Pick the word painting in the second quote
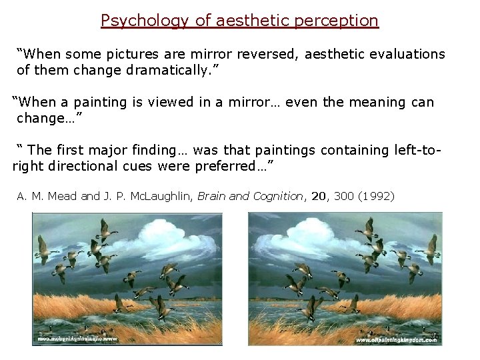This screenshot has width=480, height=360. pyautogui.click(x=100, y=103)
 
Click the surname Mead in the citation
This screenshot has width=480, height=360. pyautogui.click(x=63, y=196)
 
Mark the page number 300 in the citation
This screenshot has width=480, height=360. pyautogui.click(x=344, y=196)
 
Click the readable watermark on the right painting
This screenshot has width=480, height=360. pyautogui.click(x=396, y=340)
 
